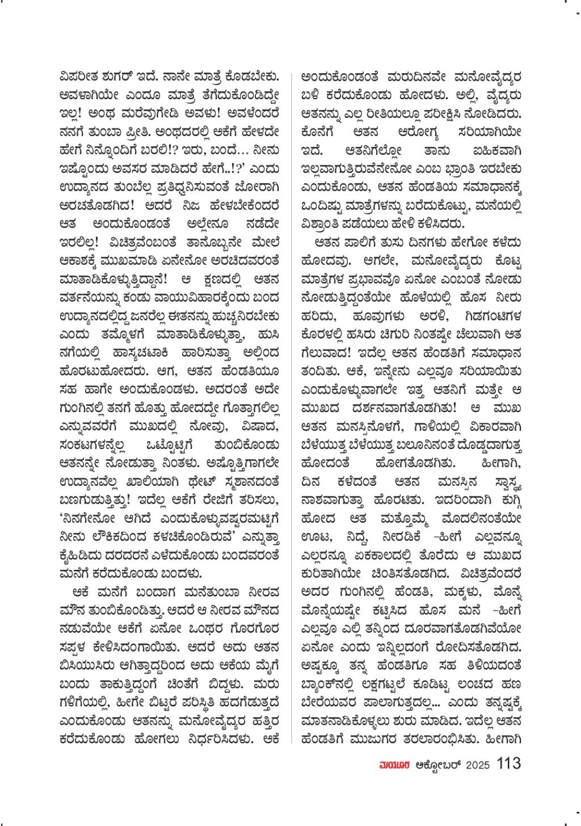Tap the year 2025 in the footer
click(477, 765)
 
